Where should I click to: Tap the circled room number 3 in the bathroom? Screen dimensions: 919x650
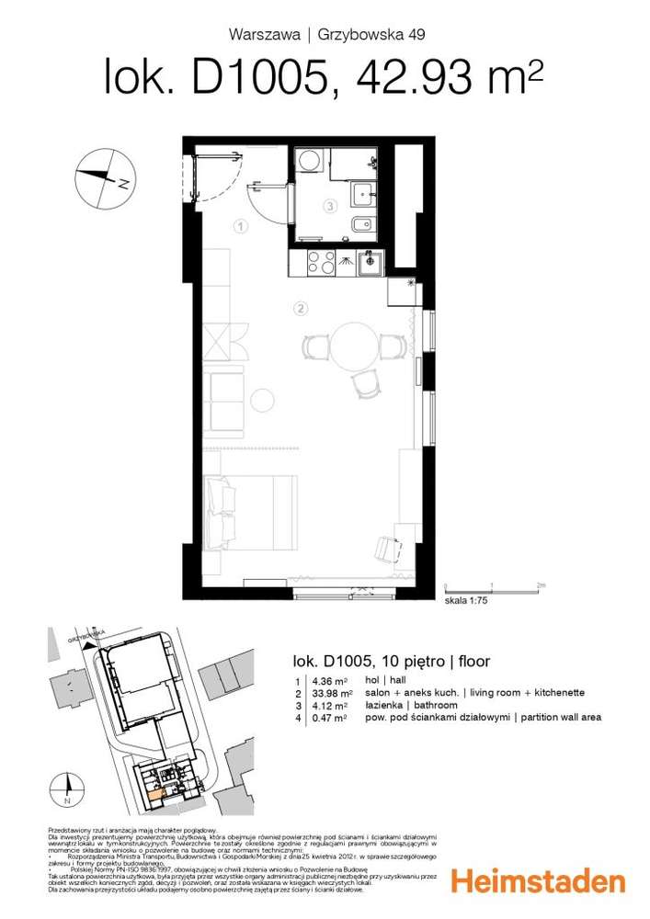(328, 207)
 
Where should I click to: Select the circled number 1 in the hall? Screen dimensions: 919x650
(238, 225)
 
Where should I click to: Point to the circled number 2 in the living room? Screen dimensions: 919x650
(300, 307)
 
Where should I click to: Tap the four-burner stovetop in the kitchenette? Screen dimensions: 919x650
(325, 262)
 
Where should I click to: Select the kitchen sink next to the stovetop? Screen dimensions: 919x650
(371, 264)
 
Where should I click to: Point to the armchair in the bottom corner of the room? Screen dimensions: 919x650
(383, 547)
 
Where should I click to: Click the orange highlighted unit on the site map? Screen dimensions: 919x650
(155, 783)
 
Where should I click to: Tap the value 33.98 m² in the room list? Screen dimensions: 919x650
(336, 692)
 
